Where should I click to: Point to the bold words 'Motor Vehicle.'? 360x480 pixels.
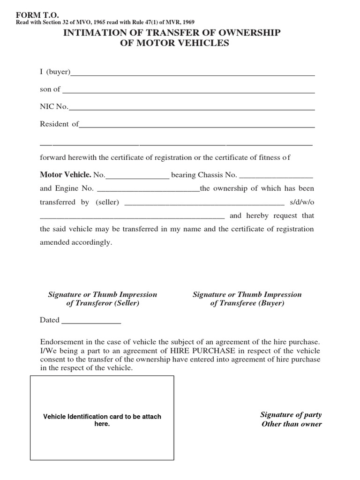tap(66, 175)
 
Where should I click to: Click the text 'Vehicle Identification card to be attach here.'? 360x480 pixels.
tap(102, 420)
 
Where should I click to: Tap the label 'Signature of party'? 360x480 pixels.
tap(291, 415)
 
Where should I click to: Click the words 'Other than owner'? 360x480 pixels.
tap(292, 424)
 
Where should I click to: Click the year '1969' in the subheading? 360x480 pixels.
tap(187, 22)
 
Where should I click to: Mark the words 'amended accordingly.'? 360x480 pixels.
tap(76, 243)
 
